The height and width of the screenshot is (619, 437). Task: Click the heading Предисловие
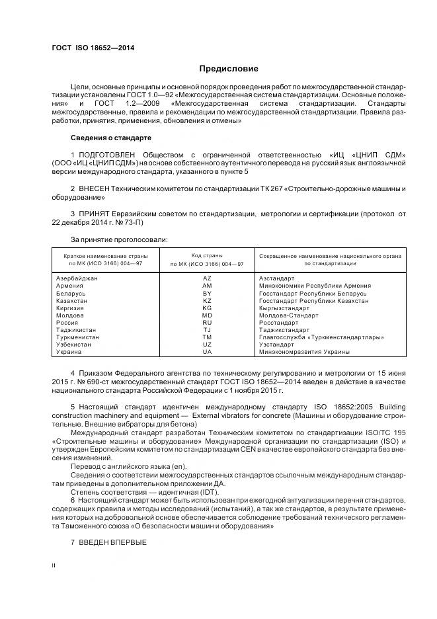point(229,69)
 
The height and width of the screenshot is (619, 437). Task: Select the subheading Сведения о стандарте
point(111,138)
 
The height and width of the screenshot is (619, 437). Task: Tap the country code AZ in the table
point(207,278)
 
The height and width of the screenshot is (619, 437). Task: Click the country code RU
point(207,322)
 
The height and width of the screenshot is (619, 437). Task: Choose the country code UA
point(207,351)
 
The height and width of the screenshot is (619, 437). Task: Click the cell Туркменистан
point(78,337)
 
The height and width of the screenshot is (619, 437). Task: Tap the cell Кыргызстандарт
point(284,308)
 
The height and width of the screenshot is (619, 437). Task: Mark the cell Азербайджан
point(77,278)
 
